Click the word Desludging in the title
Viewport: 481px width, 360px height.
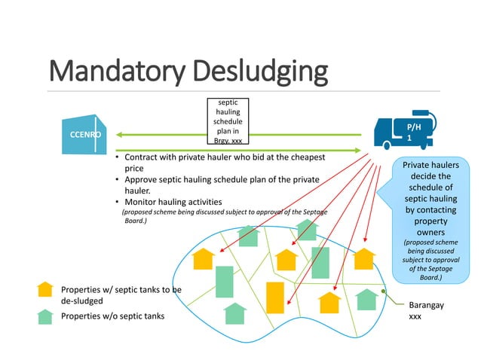(x=256, y=72)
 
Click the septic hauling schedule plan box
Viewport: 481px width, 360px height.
(x=227, y=121)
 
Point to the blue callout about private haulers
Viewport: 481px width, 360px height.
(x=424, y=218)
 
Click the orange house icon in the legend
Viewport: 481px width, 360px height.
(x=46, y=290)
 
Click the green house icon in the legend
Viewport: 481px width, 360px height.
(x=46, y=316)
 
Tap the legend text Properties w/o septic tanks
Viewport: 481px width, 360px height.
(x=112, y=316)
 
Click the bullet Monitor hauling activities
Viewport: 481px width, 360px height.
(x=173, y=202)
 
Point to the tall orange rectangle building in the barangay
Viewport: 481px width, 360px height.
(x=275, y=297)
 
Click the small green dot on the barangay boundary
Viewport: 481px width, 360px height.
(x=384, y=291)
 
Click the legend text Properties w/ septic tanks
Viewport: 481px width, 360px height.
(x=121, y=295)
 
